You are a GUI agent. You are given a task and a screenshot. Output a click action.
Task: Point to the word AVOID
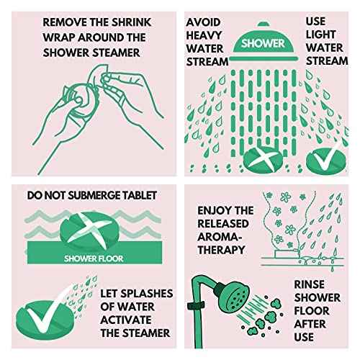point(203,22)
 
